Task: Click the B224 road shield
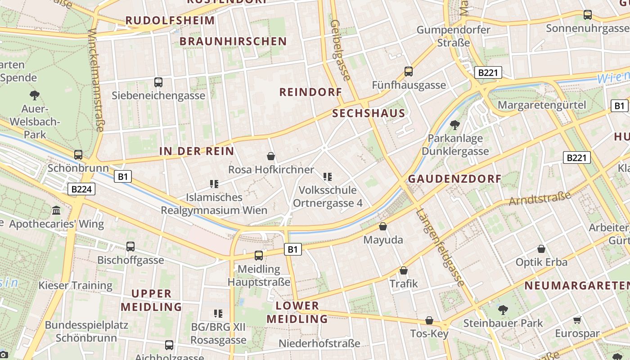tap(81, 189)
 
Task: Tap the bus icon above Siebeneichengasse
tap(158, 82)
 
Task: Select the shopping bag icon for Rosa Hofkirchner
tap(271, 156)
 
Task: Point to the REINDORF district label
tap(310, 92)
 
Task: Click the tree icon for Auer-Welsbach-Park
tap(35, 95)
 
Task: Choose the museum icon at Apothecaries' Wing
tap(56, 211)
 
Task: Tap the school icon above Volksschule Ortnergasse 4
tap(328, 177)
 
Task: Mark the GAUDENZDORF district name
tap(454, 179)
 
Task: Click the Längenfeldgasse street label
tap(440, 247)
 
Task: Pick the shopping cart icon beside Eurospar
tap(577, 320)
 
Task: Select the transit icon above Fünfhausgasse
tap(409, 72)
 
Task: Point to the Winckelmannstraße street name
tap(96, 81)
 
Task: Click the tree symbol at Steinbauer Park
tap(503, 310)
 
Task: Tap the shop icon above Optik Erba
tap(541, 249)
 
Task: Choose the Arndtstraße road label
tap(540, 198)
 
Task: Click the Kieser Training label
tap(75, 285)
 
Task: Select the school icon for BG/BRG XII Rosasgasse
tap(218, 314)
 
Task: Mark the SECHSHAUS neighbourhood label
tap(369, 113)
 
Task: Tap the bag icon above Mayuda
tap(383, 226)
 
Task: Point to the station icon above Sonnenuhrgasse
tap(588, 15)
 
